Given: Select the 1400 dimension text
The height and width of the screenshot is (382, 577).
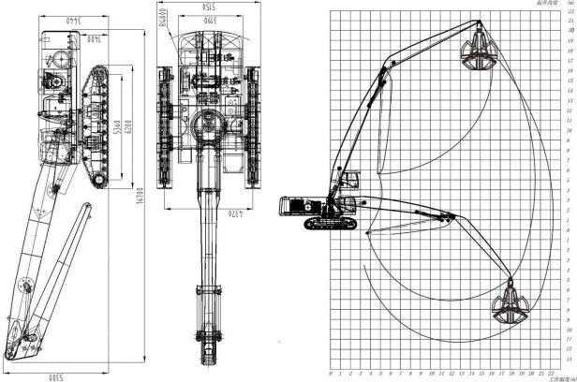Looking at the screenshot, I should pyautogui.click(x=96, y=38).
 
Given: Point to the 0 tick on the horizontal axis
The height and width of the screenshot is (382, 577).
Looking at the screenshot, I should pyautogui.click(x=331, y=374).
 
